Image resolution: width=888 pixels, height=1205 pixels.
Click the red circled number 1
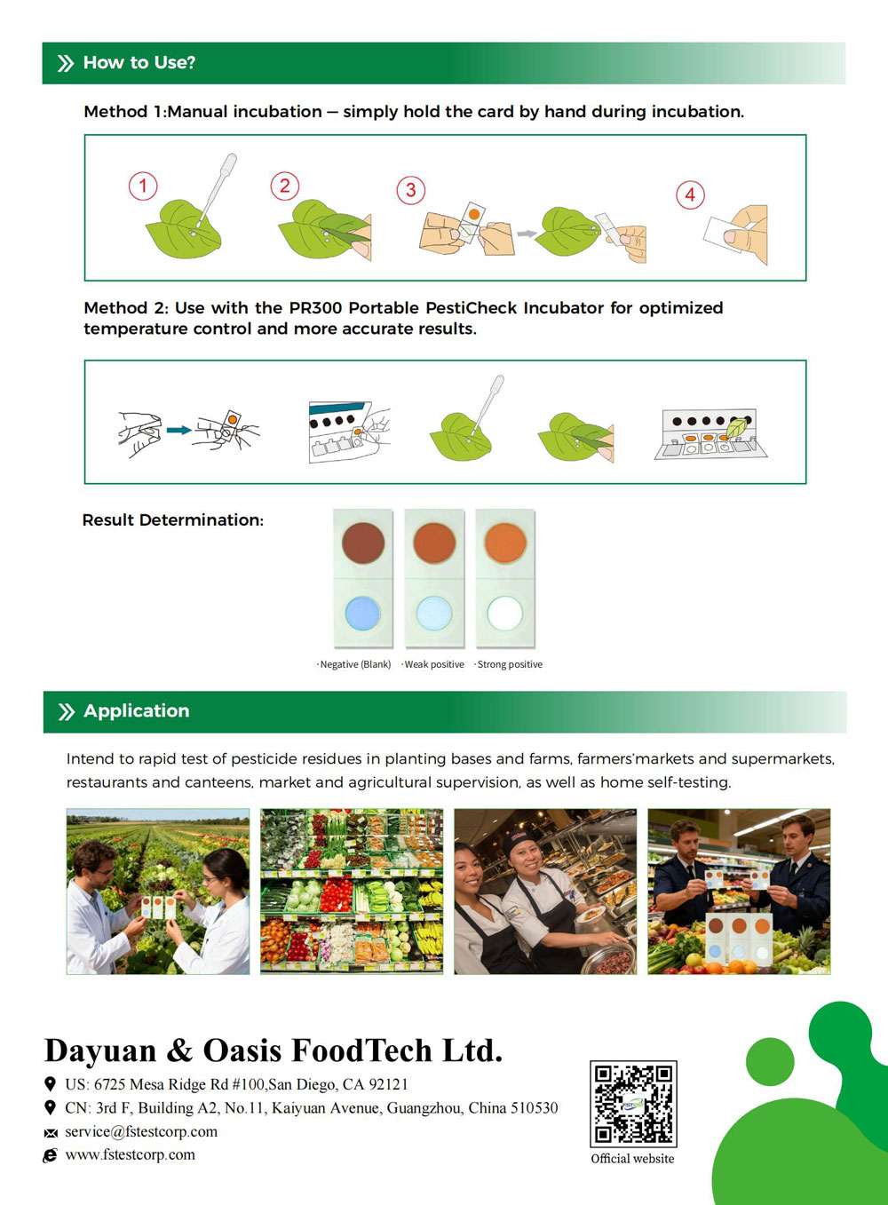pyautogui.click(x=143, y=186)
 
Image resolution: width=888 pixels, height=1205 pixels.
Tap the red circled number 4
pyautogui.click(x=690, y=194)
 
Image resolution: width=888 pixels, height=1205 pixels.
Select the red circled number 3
pyautogui.click(x=411, y=190)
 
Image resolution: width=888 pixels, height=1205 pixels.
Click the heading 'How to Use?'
pyautogui.click(x=139, y=62)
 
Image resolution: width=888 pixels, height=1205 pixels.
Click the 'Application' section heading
pyautogui.click(x=136, y=710)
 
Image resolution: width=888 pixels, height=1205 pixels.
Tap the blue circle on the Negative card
pyautogui.click(x=362, y=614)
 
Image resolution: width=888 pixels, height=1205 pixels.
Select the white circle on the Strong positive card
pyautogui.click(x=504, y=614)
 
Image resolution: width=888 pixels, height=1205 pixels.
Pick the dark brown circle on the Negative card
pyautogui.click(x=363, y=543)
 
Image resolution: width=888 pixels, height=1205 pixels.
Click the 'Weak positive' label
pyautogui.click(x=433, y=664)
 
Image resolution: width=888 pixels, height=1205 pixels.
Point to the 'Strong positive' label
pyautogui.click(x=509, y=664)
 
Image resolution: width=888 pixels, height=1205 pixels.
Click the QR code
pyautogui.click(x=633, y=1104)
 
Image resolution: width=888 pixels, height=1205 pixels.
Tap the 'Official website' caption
pyautogui.click(x=632, y=1158)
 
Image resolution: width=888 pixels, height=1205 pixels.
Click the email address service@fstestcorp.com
pyautogui.click(x=141, y=1131)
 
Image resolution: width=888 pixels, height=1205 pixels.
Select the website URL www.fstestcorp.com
pyautogui.click(x=131, y=1154)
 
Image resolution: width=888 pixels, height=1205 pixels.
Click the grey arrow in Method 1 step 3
pyautogui.click(x=527, y=234)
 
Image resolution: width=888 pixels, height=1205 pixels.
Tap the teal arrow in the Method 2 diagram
pyautogui.click(x=179, y=430)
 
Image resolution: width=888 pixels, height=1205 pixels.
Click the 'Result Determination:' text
pyautogui.click(x=173, y=520)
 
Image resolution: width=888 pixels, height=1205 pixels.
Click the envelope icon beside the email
pyautogui.click(x=51, y=1133)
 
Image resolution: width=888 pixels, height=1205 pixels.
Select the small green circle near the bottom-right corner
pyautogui.click(x=770, y=1061)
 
